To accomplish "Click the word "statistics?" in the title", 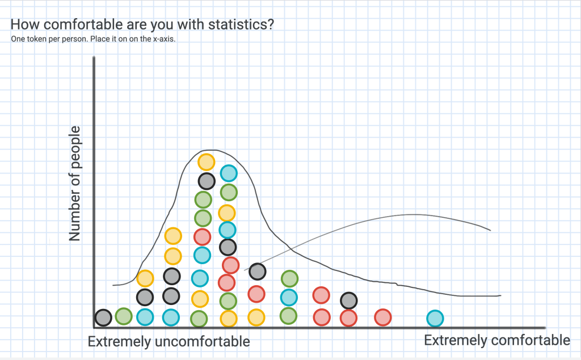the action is pos(241,24).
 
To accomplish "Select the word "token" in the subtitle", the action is pos(37,39).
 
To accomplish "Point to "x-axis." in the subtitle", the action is pos(164,39).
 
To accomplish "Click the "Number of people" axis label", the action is pos(74,183).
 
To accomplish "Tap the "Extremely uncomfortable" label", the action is pos(169,341).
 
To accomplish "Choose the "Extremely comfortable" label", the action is pos(497,340).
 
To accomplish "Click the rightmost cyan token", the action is pos(435,319).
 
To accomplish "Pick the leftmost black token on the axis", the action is pos(103,318).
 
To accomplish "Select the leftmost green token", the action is pos(124,316).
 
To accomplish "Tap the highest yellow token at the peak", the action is pos(207,162).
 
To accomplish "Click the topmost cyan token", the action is pos(229,173).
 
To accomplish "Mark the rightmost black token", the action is pos(349,300).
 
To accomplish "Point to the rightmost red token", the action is pos(383,317).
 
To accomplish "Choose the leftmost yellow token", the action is pos(145,278).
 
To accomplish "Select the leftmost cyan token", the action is pos(145,317).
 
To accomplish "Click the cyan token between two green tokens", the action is pos(289,297).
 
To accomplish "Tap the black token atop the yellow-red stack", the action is pos(257,272).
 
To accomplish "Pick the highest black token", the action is pos(207,181).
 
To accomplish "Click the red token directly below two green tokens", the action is pos(203,237).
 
